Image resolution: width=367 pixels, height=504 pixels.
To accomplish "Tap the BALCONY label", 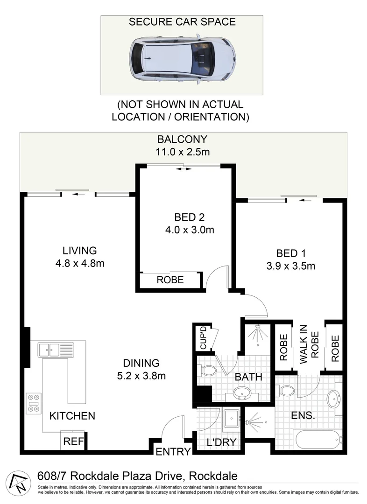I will pos(182,139).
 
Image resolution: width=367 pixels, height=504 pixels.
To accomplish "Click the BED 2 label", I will pos(189,217).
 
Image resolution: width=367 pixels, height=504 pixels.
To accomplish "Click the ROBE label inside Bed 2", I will pos(170,280).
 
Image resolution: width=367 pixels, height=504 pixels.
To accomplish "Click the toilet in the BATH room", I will pos(209,371).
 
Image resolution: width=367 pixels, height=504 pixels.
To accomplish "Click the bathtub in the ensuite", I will pos(318,439).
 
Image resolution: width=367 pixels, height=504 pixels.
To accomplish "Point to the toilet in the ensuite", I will pos(286,389).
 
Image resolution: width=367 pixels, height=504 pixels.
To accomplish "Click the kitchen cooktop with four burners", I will pos(34,403).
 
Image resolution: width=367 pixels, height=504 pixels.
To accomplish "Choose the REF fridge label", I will pos(72,441).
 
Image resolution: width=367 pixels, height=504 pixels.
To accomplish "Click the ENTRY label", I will pos(173,451).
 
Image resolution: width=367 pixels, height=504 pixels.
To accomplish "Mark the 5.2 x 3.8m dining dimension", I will pos(141,375).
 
